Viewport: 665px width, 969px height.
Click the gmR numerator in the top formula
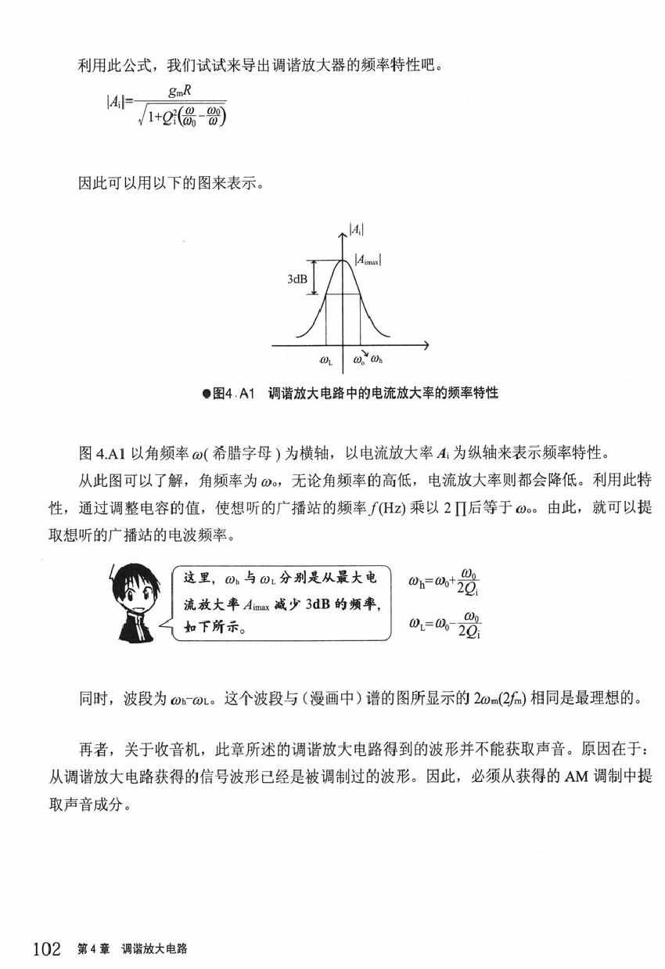[182, 92]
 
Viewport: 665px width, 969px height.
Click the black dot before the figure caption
[206, 393]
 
